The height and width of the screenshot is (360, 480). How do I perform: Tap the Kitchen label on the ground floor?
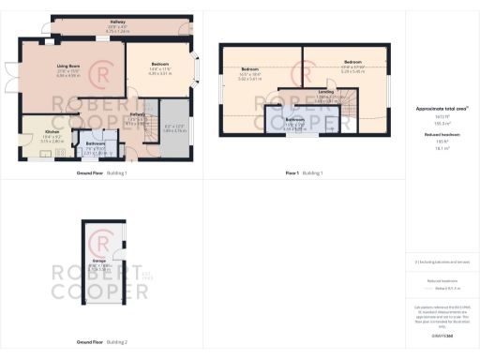pyautogui.click(x=52, y=131)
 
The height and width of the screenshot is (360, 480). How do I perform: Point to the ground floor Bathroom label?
pyautogui.click(x=96, y=144)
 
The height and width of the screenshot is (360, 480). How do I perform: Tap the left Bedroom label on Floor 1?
pyautogui.click(x=249, y=70)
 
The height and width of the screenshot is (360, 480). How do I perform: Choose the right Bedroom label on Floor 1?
pyautogui.click(x=353, y=64)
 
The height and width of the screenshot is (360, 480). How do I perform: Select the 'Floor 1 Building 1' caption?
pyautogui.click(x=305, y=173)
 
